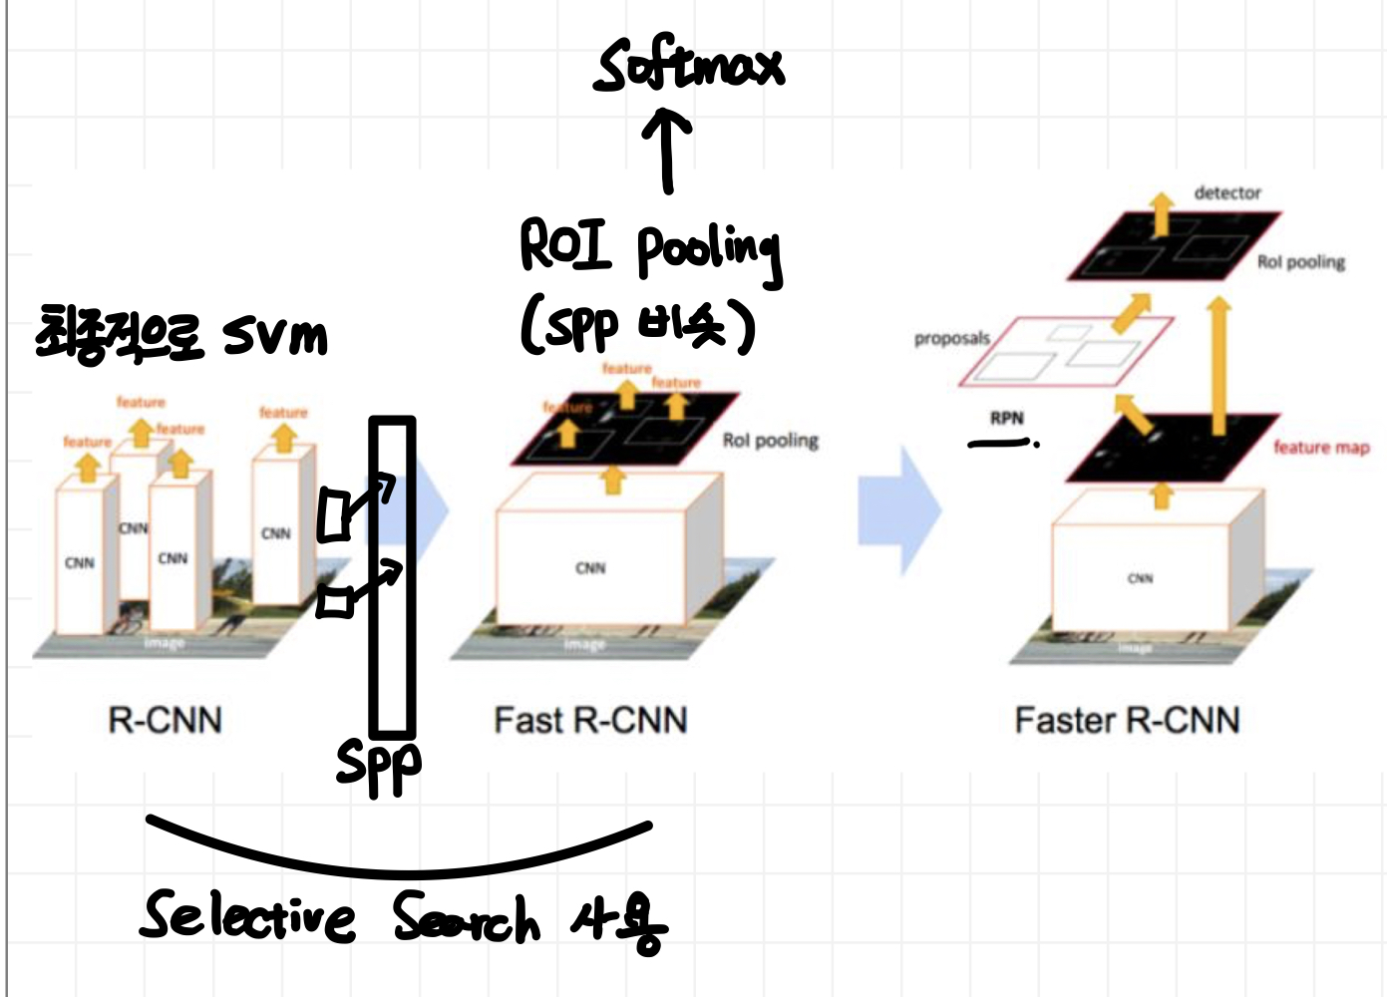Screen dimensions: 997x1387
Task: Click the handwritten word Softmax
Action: (x=689, y=65)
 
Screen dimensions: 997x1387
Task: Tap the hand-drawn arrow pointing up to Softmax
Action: (x=667, y=152)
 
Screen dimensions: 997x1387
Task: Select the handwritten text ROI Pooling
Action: (x=649, y=248)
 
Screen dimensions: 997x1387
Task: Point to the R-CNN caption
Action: (x=165, y=720)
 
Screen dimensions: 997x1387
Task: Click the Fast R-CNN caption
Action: (x=590, y=720)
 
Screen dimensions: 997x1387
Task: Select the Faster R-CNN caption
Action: (x=1127, y=720)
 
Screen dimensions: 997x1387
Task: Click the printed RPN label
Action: (x=1007, y=418)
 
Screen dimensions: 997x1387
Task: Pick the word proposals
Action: (x=951, y=339)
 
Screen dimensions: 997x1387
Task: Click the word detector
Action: (x=1227, y=192)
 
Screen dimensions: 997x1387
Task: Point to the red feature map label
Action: (x=1321, y=448)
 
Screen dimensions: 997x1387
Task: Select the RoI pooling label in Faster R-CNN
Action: (x=1300, y=262)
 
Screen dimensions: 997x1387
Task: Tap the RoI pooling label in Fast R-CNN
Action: (x=770, y=441)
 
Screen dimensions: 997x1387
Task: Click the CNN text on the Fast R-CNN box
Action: (x=590, y=568)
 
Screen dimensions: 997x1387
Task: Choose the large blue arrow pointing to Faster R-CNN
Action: (x=899, y=510)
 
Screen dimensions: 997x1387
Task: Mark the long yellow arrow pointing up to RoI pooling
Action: (x=1218, y=364)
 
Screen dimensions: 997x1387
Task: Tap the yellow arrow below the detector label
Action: (x=1161, y=213)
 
